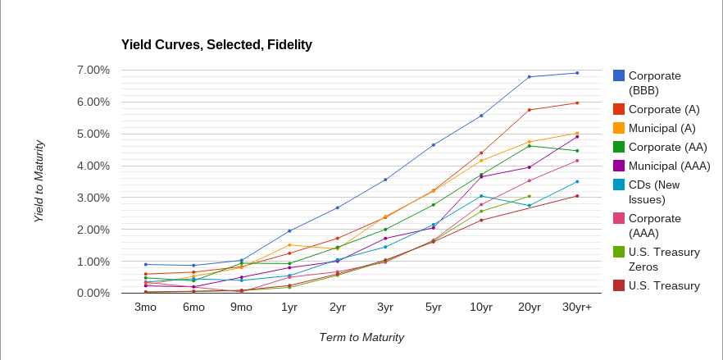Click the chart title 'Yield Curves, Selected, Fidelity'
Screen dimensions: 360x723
206,44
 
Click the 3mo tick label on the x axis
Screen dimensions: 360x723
145,308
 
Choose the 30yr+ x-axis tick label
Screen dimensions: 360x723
576,308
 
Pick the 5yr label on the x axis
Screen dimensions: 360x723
433,308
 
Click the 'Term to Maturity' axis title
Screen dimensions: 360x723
361,337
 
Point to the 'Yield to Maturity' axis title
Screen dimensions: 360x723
39,181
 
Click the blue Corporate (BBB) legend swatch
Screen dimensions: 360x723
619,75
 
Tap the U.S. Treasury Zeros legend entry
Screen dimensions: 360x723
664,259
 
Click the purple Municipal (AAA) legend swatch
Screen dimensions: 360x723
619,166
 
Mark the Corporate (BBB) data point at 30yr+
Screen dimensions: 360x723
577,73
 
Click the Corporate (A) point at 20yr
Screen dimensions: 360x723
530,110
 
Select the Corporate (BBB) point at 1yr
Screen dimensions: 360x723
289,231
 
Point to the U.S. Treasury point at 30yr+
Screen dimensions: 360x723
577,196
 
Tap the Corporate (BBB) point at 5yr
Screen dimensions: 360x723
433,145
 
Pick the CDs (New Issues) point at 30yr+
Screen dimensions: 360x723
577,182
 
